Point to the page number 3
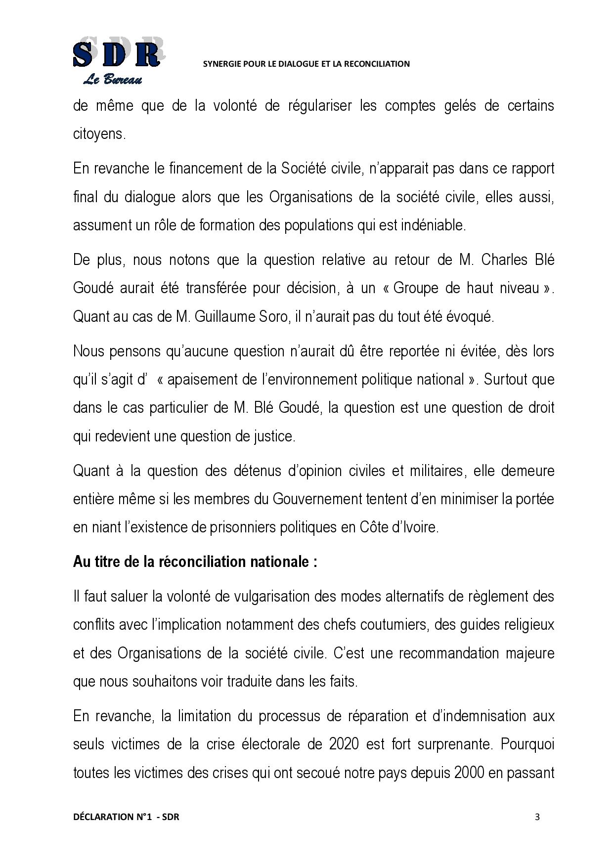click(537, 817)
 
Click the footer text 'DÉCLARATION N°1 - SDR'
click(126, 817)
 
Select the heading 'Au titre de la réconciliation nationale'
click(195, 562)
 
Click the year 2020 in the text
click(344, 744)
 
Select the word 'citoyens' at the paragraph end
click(99, 134)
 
